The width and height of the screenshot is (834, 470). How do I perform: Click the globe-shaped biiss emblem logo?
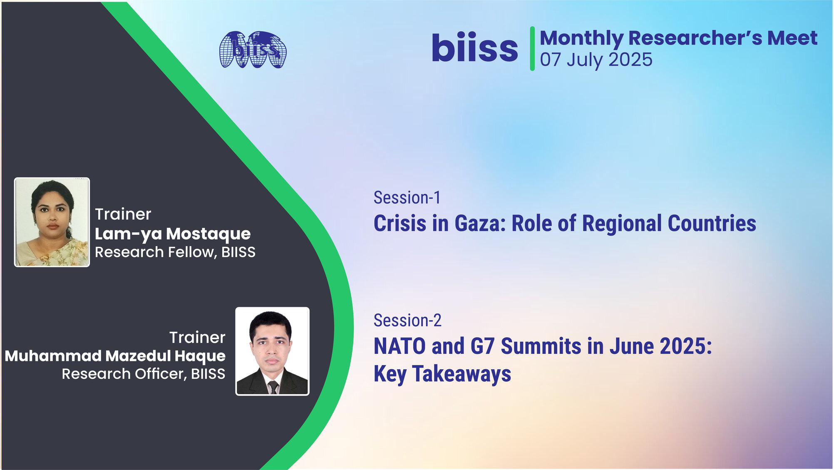(x=253, y=50)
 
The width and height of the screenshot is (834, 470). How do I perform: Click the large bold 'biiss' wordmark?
(x=475, y=47)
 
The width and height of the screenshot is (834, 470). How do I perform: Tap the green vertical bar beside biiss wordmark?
(x=532, y=49)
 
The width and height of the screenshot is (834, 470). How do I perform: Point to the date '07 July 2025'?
(x=596, y=60)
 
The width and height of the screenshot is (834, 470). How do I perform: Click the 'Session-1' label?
(x=407, y=197)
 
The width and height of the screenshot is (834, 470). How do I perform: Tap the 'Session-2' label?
(x=407, y=321)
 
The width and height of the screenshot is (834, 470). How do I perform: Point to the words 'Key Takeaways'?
(x=442, y=374)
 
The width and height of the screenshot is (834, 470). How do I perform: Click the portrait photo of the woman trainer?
(x=52, y=222)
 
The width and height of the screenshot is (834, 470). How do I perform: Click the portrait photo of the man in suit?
(x=272, y=351)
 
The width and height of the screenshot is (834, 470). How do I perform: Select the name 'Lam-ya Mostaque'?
(x=173, y=234)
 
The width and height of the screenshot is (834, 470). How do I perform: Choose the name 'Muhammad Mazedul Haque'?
(x=115, y=356)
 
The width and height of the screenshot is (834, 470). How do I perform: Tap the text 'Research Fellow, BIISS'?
(x=175, y=252)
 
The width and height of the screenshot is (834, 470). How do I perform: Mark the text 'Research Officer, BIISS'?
(x=144, y=374)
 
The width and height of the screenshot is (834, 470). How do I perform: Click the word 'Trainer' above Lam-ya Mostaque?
(x=123, y=214)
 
